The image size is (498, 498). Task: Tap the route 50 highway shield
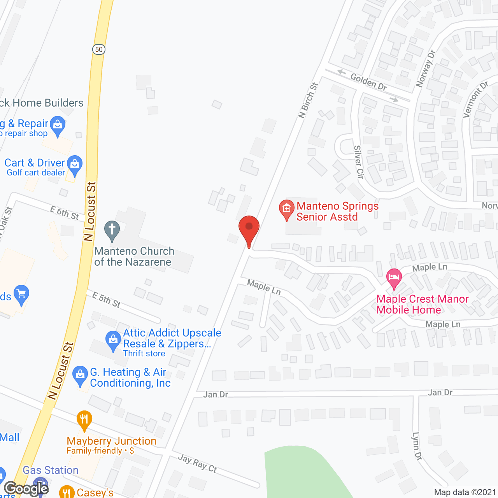99,49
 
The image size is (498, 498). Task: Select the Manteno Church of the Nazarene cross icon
112,230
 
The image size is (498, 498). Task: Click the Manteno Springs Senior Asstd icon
287,209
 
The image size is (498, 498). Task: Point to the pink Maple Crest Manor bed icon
394,278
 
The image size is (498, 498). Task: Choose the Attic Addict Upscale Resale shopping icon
113,340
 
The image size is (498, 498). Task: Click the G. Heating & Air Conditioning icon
80,375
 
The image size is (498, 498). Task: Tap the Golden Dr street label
368,82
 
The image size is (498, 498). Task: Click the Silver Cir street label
359,162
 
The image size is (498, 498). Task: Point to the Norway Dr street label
426,68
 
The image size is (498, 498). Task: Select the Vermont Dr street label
475,100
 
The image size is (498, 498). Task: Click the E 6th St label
65,213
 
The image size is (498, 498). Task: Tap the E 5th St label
106,300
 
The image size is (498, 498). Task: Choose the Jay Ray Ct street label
197,463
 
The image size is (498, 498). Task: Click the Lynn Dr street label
417,446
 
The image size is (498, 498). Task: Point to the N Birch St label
308,100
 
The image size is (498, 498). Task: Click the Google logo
26,489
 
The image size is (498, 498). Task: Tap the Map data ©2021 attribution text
465,492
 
